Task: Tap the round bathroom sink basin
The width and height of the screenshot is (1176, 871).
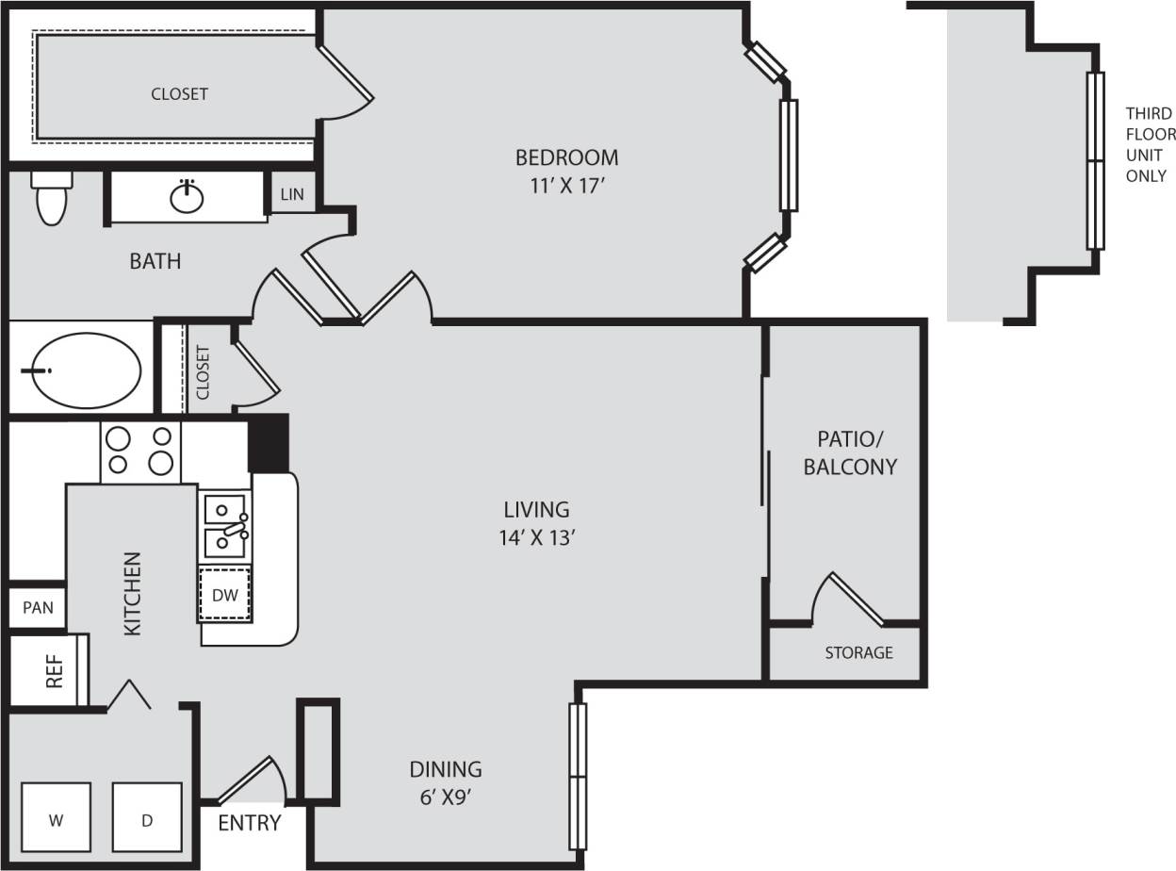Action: tap(187, 198)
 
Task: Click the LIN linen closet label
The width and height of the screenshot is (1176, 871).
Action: tap(292, 195)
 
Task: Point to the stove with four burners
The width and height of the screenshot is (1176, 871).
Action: tap(140, 451)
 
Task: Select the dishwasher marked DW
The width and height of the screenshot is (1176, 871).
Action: tap(224, 595)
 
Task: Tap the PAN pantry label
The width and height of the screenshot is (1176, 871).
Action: tap(38, 607)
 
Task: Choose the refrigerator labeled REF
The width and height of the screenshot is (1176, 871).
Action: tap(54, 670)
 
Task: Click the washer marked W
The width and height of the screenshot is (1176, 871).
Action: tap(56, 820)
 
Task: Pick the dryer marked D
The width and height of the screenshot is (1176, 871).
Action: tap(147, 820)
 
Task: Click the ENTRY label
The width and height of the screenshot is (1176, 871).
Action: tap(250, 823)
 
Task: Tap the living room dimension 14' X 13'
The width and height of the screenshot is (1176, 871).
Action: tap(538, 538)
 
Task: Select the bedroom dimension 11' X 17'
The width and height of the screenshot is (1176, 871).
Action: tap(565, 186)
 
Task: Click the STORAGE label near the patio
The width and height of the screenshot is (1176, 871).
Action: tap(858, 652)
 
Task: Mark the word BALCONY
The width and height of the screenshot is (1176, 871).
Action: tap(850, 467)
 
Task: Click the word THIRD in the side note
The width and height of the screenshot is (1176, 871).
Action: tap(1149, 113)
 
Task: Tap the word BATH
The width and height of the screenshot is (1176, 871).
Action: tap(155, 261)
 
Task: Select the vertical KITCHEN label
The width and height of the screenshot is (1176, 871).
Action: tap(133, 593)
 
